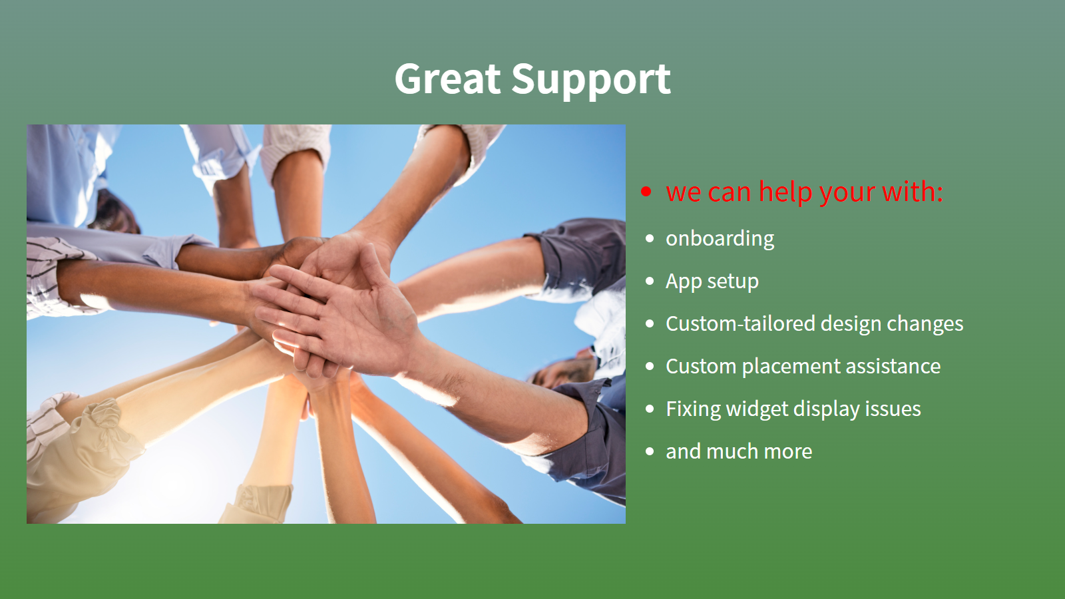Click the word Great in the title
447,79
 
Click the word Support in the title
591,81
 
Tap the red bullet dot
646,192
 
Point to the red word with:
913,192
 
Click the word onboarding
720,239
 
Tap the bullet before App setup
650,281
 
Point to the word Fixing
693,409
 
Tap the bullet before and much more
650,451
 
